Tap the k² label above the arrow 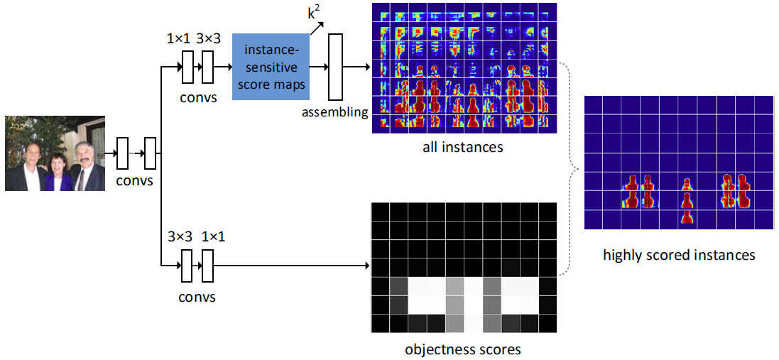coord(312,13)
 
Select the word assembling coord(334,111)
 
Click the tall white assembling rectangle coord(335,67)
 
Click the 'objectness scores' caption coord(462,349)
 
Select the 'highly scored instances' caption coord(679,254)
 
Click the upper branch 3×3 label coord(209,38)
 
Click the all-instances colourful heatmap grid coord(463,68)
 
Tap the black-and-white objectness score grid coord(463,268)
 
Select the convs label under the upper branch coord(195,98)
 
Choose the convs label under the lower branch coord(195,296)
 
